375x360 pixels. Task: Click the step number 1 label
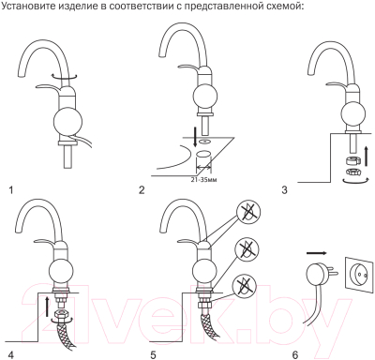[x=11, y=190]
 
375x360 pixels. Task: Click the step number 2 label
[x=142, y=190]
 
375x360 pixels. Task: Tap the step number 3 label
[x=284, y=190]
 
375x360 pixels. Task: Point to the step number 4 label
[x=11, y=355]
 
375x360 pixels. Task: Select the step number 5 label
[x=153, y=355]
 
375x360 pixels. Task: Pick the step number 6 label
[x=295, y=355]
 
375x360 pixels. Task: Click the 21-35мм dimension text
[x=204, y=180]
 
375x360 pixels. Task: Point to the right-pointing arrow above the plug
[x=317, y=253]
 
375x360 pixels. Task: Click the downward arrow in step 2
[x=195, y=136]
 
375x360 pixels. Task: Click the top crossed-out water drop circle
[x=248, y=213]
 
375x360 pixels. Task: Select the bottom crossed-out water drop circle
[x=245, y=285]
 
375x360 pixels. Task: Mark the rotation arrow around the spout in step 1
[x=65, y=76]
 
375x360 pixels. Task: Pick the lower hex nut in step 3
[x=353, y=172]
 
